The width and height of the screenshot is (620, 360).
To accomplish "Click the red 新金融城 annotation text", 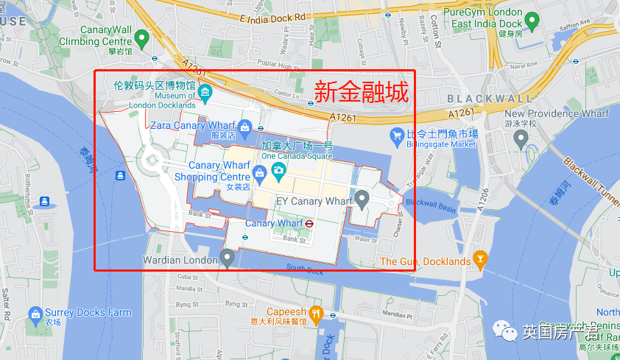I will click(361, 92).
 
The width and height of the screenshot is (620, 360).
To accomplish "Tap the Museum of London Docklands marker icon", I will click(205, 93).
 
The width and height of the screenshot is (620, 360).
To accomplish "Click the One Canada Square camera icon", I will click(278, 172).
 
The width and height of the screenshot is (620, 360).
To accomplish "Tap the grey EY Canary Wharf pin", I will click(362, 198).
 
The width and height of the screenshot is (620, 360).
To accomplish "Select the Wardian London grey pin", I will click(227, 258).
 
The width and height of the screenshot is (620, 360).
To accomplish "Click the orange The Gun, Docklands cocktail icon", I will click(481, 258).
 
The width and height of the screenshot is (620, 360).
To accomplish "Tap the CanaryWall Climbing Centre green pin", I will click(144, 35).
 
